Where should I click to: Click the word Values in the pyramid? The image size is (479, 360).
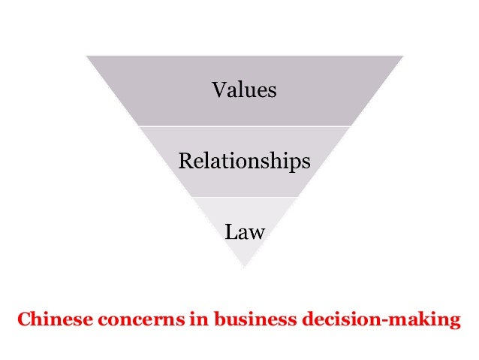click(x=244, y=91)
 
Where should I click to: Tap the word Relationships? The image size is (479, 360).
click(x=244, y=161)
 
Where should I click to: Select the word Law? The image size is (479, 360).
click(x=244, y=231)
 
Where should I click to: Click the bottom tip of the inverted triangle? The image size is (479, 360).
click(x=244, y=268)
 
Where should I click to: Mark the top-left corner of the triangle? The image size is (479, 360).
click(x=86, y=56)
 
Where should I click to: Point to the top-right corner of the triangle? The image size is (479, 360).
click(x=403, y=56)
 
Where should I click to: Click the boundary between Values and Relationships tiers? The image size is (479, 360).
click(x=244, y=126)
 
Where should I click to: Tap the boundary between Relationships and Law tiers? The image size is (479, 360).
click(x=244, y=197)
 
